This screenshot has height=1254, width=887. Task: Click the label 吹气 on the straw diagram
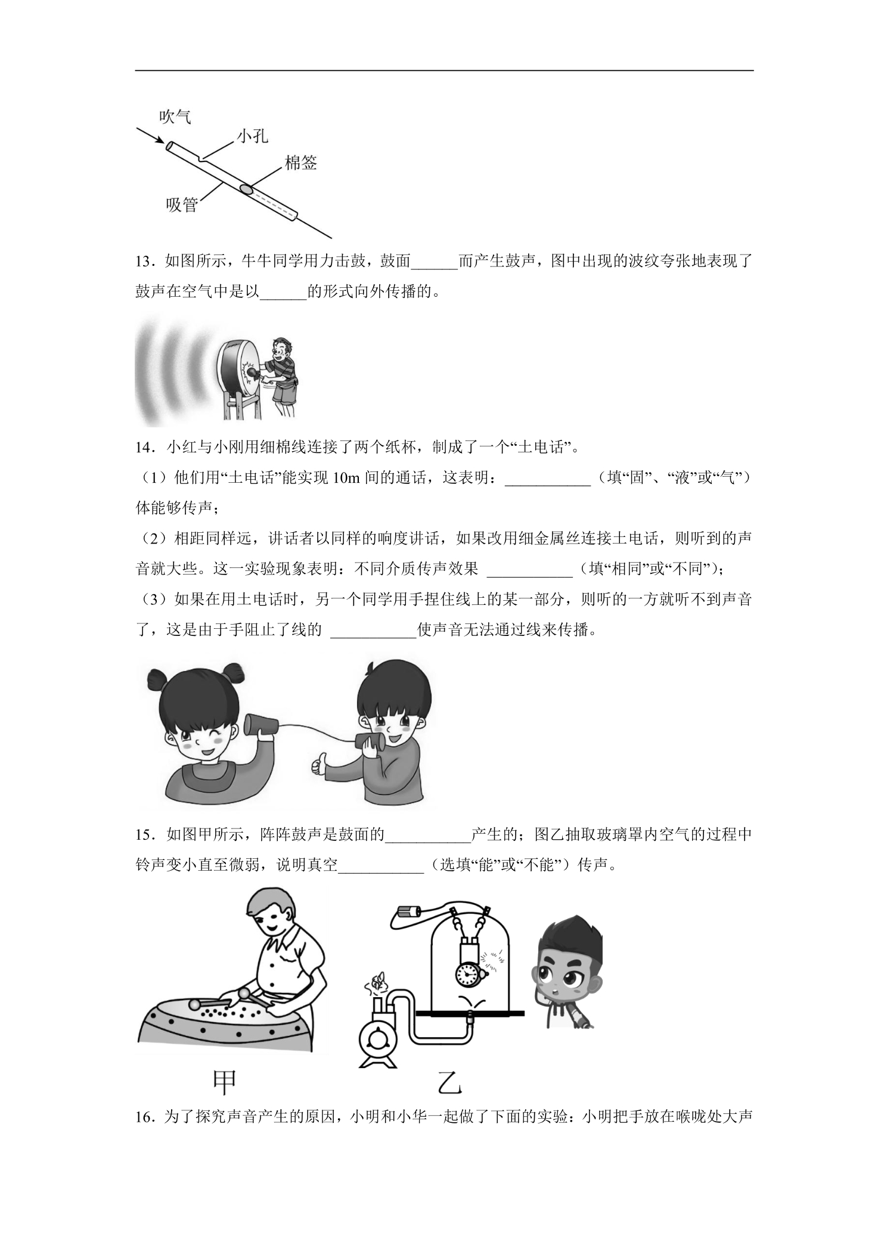(x=175, y=117)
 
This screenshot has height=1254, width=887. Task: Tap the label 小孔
(x=252, y=137)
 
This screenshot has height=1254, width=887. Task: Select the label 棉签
(x=300, y=163)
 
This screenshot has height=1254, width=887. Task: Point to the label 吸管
(x=182, y=205)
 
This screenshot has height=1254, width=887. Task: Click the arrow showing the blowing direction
(x=150, y=135)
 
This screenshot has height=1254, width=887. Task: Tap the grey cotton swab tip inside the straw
(x=246, y=190)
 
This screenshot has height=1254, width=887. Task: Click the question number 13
(x=145, y=262)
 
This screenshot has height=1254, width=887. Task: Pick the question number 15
(x=145, y=834)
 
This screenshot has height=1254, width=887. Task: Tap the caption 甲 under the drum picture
(x=224, y=1082)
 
